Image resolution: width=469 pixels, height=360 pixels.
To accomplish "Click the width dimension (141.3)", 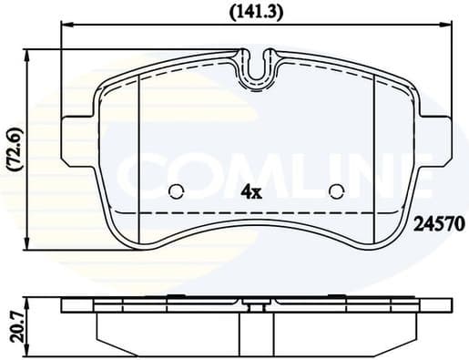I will (257, 11).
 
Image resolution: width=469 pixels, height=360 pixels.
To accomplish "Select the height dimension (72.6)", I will (13, 147).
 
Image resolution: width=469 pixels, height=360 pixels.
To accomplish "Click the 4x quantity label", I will (250, 191).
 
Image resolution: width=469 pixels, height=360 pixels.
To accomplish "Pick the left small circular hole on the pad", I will (177, 191).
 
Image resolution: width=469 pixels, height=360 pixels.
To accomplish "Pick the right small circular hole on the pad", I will (336, 191).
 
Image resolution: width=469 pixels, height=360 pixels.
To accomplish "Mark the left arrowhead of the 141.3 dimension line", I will (64, 27).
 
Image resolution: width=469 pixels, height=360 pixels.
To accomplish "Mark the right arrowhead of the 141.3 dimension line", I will (449, 27).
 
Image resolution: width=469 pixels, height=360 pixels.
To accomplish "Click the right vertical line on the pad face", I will (376, 155).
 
